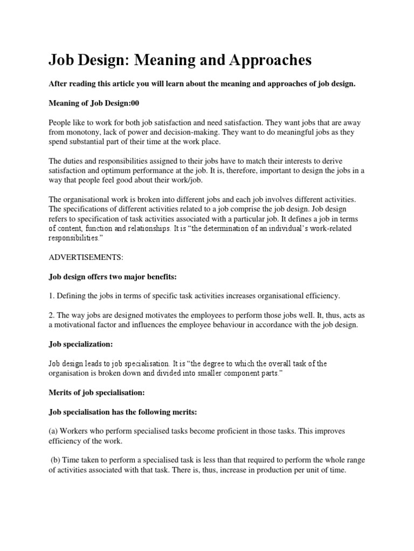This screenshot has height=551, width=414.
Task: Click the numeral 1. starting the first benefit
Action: pyautogui.click(x=52, y=296)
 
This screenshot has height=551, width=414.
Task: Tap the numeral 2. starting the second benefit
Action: pyautogui.click(x=52, y=315)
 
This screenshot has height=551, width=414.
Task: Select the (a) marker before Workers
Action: pyautogui.click(x=54, y=432)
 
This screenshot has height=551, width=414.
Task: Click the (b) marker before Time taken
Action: pyautogui.click(x=57, y=460)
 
